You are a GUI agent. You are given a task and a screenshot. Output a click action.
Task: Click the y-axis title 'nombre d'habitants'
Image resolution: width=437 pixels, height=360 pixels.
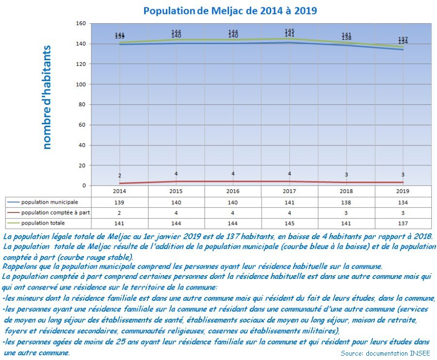point(47,97)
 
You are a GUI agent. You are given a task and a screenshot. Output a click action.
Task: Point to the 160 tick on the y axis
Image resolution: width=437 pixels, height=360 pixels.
point(81,23)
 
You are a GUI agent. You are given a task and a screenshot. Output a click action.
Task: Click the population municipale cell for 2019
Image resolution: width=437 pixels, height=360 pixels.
point(403,202)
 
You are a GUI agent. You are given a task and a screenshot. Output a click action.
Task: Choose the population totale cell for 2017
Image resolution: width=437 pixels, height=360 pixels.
point(289,223)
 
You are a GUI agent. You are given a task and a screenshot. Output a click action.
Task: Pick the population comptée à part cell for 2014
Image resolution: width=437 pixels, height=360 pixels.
point(119,213)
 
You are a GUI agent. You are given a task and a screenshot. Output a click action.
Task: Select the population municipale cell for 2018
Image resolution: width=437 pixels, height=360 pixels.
point(346,202)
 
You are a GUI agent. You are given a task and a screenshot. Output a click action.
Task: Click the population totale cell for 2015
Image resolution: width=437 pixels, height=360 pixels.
point(176,223)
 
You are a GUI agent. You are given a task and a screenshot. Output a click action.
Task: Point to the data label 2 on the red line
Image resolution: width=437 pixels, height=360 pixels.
point(119,176)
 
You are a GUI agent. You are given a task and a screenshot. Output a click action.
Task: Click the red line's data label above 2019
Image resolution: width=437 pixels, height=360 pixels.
point(403,175)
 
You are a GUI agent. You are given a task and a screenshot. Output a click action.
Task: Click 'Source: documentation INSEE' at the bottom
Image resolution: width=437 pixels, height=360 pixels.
point(386,353)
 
